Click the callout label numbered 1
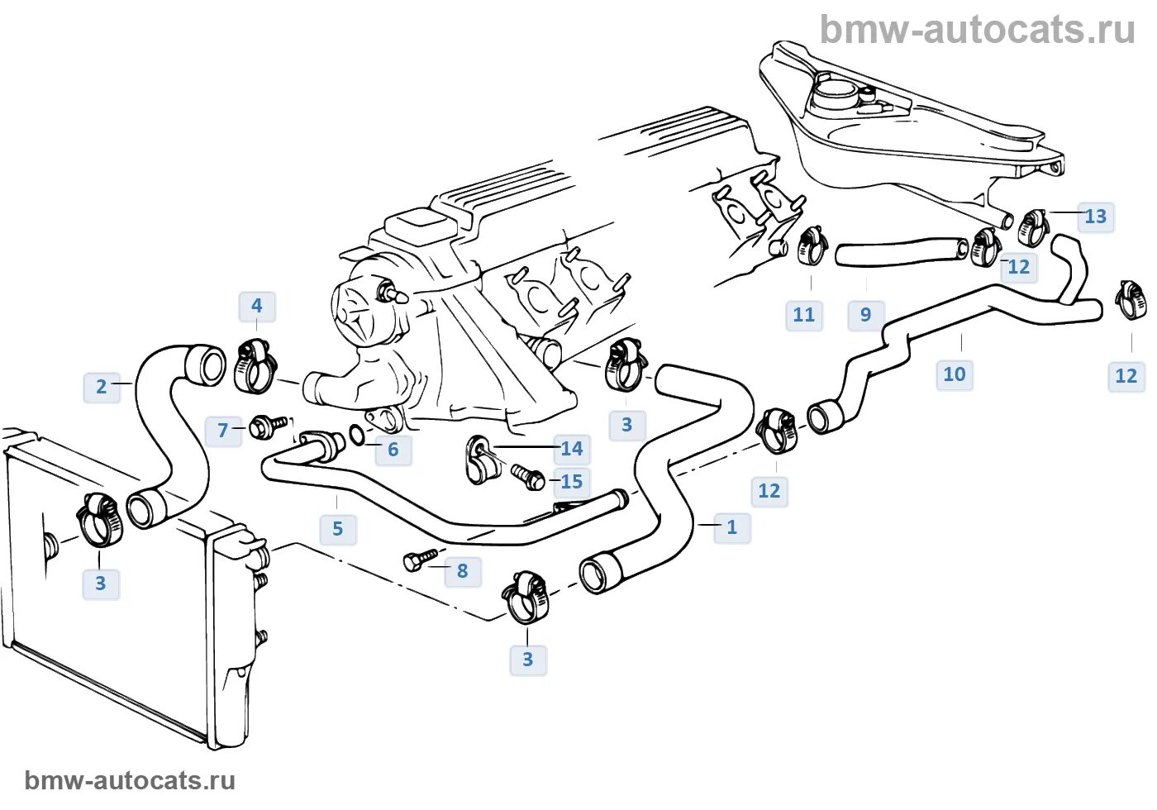731,527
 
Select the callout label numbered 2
102,387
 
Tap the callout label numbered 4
256,307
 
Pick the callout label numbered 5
337,529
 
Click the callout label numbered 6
393,450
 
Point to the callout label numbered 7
222,431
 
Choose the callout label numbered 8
462,571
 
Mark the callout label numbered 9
865,315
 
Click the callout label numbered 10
954,374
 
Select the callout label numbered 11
803,315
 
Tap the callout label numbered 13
1095,217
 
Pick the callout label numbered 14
571,449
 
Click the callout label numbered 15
571,482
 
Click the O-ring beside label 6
356,435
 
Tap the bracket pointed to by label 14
479,460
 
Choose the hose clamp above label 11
812,245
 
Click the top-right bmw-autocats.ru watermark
977,31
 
